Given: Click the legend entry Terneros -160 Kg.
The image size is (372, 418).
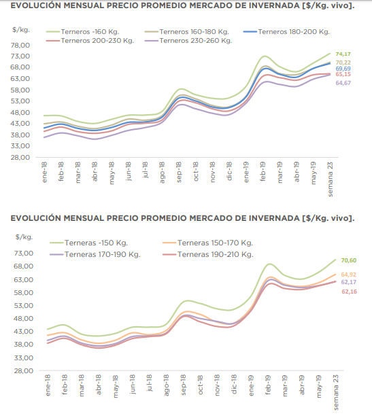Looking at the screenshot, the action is pyautogui.click(x=83, y=32).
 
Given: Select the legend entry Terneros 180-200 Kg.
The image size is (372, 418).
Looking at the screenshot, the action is pyautogui.click(x=286, y=32).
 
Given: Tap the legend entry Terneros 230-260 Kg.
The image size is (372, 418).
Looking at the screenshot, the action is pyautogui.click(x=188, y=41).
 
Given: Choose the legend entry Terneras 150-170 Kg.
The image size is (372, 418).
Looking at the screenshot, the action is pyautogui.click(x=207, y=243).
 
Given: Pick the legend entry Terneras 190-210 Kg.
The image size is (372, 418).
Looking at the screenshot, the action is pyautogui.click(x=207, y=255).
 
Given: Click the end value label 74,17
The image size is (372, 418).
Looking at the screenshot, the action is pyautogui.click(x=343, y=54).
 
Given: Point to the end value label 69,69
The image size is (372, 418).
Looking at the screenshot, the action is pyautogui.click(x=343, y=69).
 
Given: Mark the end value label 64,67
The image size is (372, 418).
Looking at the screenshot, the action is pyautogui.click(x=343, y=83).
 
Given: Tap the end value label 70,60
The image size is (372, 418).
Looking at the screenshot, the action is pyautogui.click(x=349, y=260).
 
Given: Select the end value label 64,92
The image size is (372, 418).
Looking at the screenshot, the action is pyautogui.click(x=348, y=275).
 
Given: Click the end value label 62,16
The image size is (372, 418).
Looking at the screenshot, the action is pyautogui.click(x=350, y=292).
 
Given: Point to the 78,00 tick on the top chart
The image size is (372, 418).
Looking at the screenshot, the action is pyautogui.click(x=20, y=46).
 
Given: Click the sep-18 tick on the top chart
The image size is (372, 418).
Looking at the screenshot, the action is pyautogui.click(x=179, y=172).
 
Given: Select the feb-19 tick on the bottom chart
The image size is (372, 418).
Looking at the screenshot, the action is pyautogui.click(x=268, y=385).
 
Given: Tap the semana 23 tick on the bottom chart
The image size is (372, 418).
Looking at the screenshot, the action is pyautogui.click(x=336, y=392).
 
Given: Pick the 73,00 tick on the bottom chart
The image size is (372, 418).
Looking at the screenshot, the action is pyautogui.click(x=24, y=254).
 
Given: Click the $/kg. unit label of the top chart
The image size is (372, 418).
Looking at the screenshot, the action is pyautogui.click(x=21, y=30).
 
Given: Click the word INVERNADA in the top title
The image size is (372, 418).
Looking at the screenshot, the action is pyautogui.click(x=274, y=5).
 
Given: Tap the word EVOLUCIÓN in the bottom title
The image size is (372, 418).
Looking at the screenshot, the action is pyautogui.click(x=36, y=218).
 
